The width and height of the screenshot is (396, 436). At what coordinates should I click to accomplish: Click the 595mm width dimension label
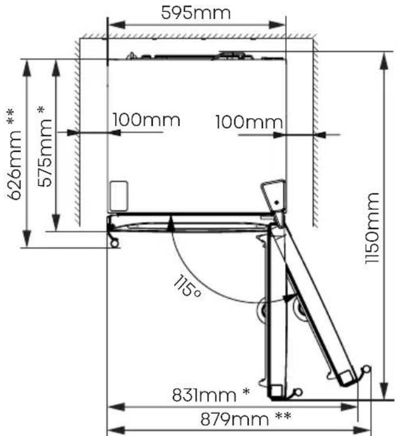[196, 13]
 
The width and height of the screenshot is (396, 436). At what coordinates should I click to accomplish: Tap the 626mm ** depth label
[14, 155]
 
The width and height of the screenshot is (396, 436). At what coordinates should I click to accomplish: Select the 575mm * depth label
[44, 146]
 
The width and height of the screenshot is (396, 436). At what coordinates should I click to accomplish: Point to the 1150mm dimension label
[372, 228]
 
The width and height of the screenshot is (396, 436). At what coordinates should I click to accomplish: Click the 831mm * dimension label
[211, 395]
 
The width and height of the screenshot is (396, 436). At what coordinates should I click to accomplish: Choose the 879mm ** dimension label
[246, 419]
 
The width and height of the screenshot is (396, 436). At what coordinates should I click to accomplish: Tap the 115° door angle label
[187, 286]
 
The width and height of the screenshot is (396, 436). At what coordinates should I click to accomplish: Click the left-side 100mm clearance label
[146, 120]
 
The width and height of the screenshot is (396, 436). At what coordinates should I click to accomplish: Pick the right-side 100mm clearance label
[249, 122]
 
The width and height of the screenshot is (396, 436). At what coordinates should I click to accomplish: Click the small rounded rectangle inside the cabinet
[119, 196]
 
